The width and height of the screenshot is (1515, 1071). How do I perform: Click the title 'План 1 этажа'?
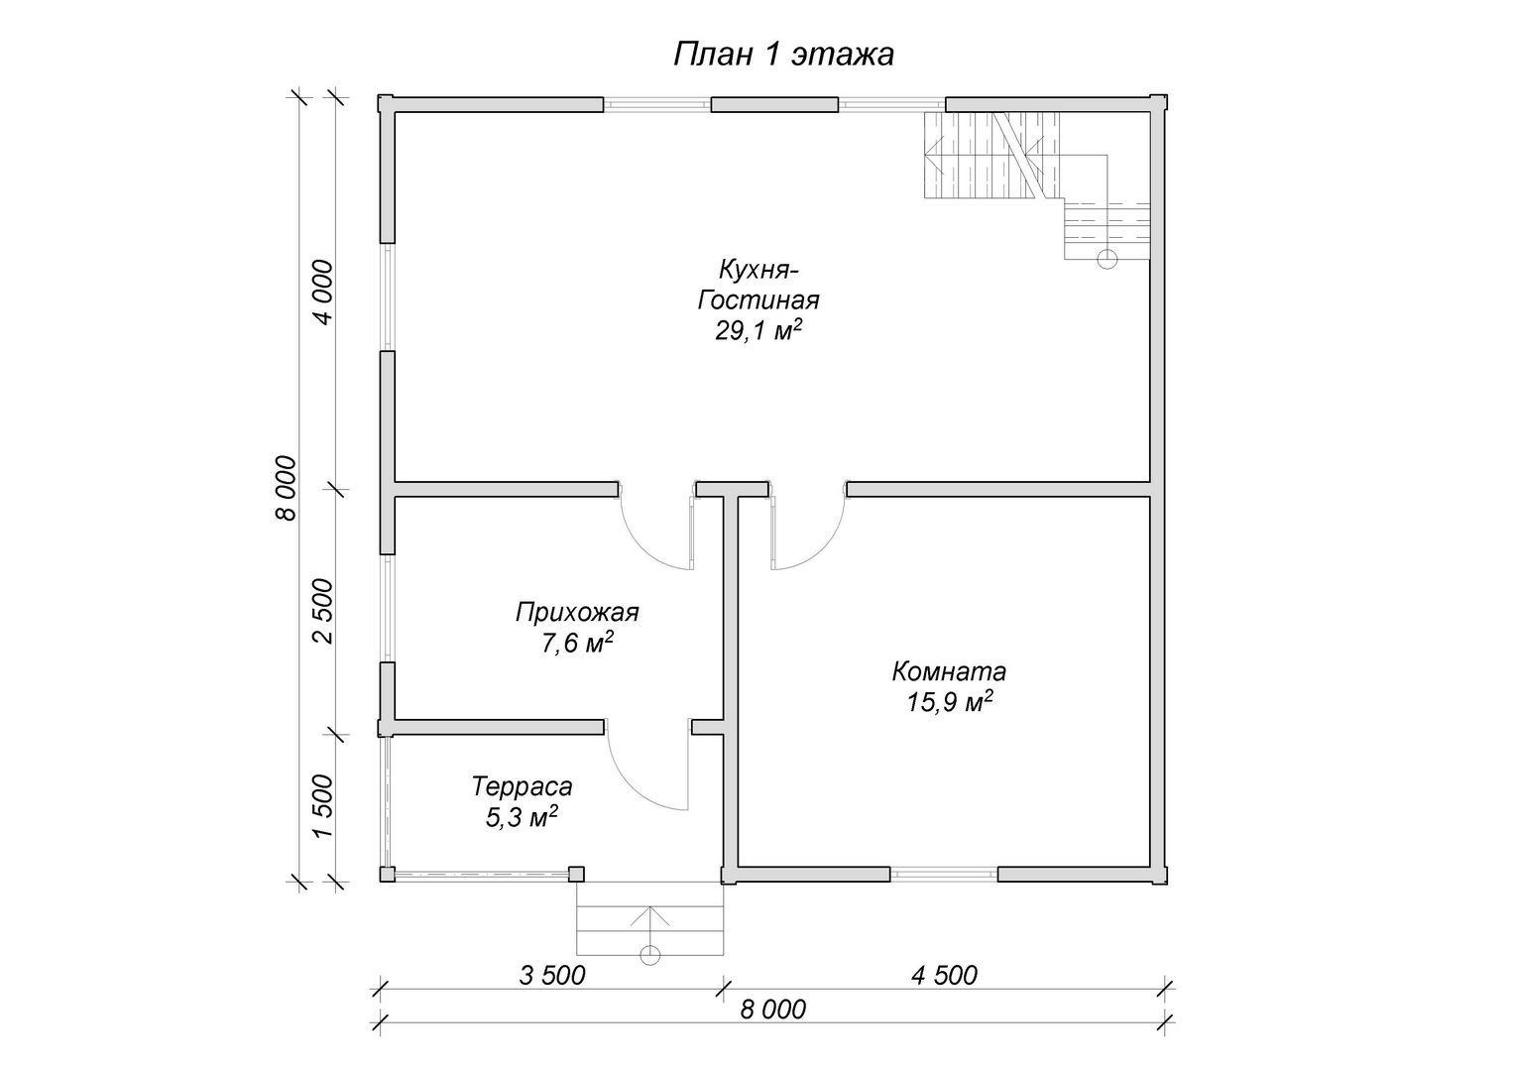click(x=783, y=55)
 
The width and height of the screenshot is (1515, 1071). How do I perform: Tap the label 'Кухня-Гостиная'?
click(x=758, y=285)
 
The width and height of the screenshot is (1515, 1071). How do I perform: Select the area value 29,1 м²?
click(x=758, y=330)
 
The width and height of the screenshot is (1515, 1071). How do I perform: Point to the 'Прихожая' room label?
click(x=577, y=613)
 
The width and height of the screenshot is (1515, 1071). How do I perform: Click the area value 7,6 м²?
click(x=577, y=643)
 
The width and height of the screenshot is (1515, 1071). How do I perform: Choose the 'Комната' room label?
click(x=949, y=671)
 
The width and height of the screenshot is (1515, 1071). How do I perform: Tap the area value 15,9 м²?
click(x=949, y=702)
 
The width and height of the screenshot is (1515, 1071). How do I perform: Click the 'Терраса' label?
click(x=522, y=786)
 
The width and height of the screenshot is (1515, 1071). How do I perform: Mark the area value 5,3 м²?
click(x=522, y=817)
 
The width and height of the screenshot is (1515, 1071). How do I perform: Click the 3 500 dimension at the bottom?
click(x=552, y=976)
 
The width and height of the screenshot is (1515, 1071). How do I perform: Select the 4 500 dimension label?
click(x=944, y=976)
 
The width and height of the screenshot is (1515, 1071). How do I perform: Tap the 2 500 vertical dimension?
click(x=323, y=611)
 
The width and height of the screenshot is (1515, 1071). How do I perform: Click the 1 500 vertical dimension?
click(x=323, y=806)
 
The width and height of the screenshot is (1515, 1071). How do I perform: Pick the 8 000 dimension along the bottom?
click(x=773, y=1010)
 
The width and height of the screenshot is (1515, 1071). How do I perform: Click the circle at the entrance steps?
click(x=650, y=955)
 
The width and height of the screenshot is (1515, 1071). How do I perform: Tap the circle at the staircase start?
click(x=1107, y=259)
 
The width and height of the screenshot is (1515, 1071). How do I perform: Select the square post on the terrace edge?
click(x=576, y=874)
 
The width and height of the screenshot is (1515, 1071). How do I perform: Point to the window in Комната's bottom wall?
click(x=944, y=875)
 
